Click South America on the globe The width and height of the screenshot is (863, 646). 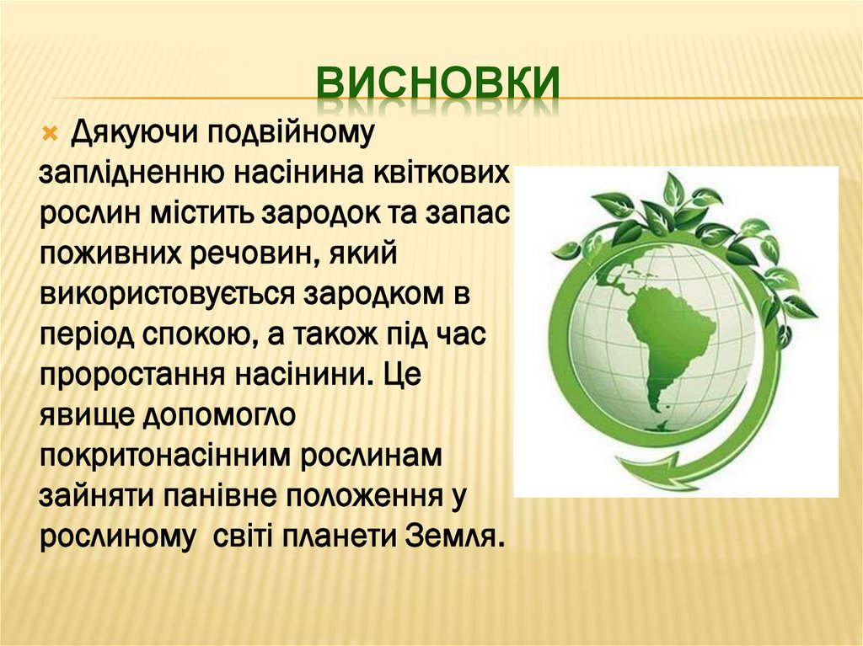tap(665, 337)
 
